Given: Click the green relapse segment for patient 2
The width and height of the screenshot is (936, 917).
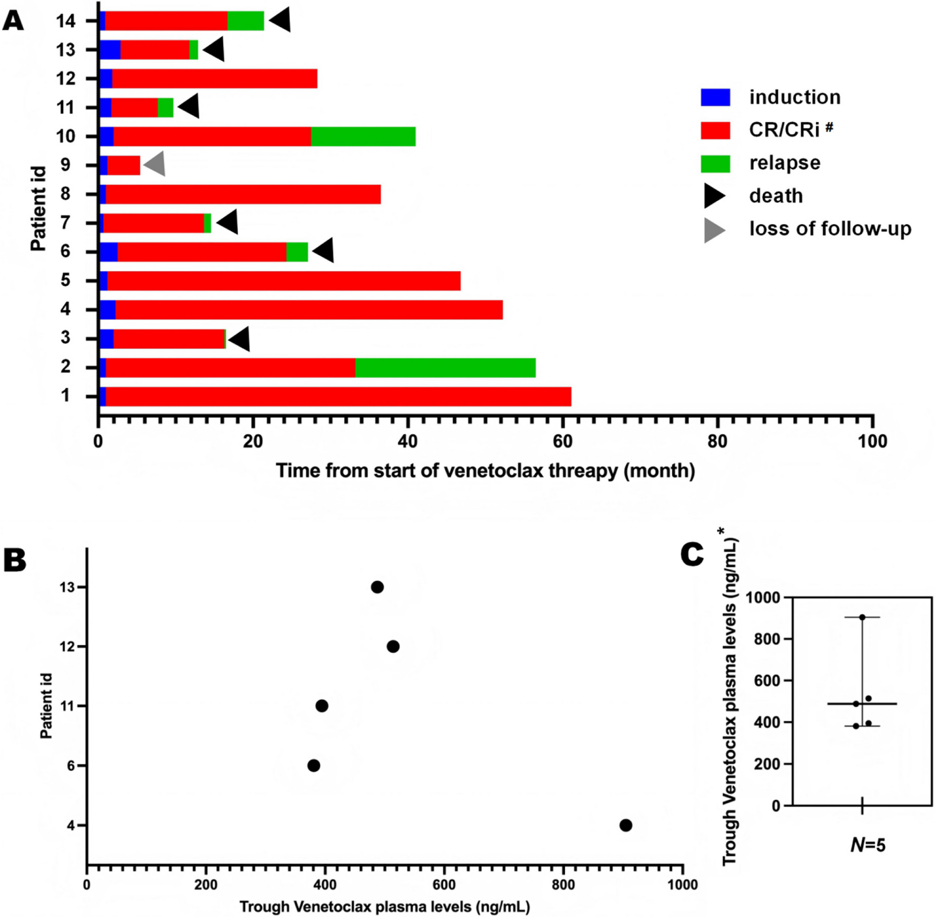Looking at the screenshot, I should click(x=445, y=368).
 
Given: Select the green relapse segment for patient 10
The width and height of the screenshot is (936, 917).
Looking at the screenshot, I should click(x=363, y=136).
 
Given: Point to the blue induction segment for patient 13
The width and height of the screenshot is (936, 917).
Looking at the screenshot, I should click(x=110, y=50).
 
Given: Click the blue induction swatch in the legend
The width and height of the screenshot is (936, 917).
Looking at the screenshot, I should click(x=715, y=97).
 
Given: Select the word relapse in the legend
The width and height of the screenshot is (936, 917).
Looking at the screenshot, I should click(x=784, y=163).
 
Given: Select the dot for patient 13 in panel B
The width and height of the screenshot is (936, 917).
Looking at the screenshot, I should click(x=377, y=587).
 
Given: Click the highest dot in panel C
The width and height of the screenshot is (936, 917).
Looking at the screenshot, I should click(x=862, y=617).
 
